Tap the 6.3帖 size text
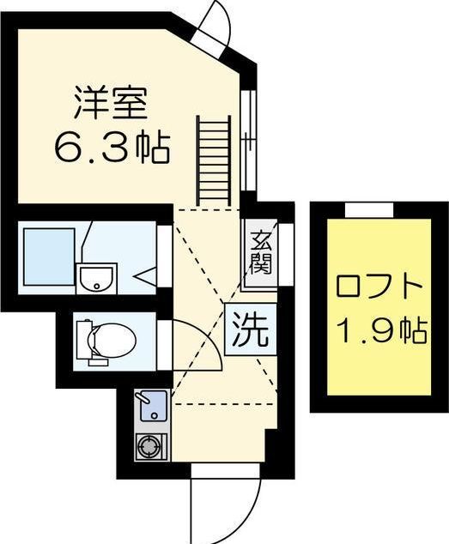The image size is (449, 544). (x=112, y=147)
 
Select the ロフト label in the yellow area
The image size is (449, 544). (x=379, y=286)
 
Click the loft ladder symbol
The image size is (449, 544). (x=214, y=158)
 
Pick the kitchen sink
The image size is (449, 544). (x=151, y=403)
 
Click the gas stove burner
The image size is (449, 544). (x=151, y=447)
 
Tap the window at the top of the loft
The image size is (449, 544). (x=368, y=209)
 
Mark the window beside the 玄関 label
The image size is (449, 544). (x=282, y=253)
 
